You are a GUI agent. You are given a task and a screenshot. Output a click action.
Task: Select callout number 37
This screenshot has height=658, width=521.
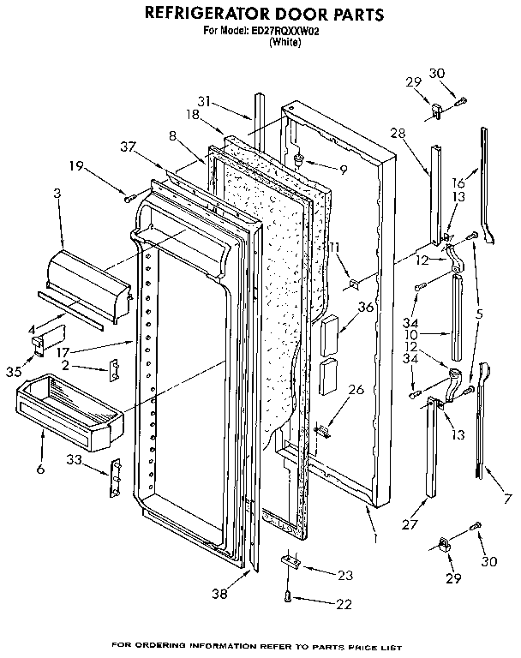point(129,147)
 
